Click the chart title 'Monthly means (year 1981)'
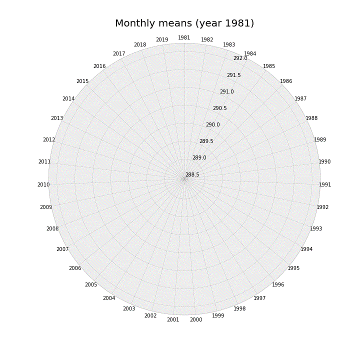(x=184, y=23)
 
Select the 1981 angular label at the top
(x=184, y=37)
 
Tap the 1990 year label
(x=324, y=161)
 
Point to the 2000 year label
(x=196, y=319)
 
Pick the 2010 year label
(x=43, y=184)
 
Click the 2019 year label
(x=162, y=39)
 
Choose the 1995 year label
(x=293, y=268)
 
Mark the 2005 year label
(x=91, y=284)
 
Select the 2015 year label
(x=82, y=81)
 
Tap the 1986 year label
(x=286, y=81)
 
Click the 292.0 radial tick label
(x=240, y=58)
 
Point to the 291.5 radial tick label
(x=234, y=75)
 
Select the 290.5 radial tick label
(x=220, y=108)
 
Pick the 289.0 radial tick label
(x=199, y=157)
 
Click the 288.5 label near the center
(x=192, y=174)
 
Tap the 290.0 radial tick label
(x=213, y=124)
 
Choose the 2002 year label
(x=150, y=315)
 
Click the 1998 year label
(x=239, y=308)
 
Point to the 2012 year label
(x=49, y=139)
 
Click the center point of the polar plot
(x=184, y=179)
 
